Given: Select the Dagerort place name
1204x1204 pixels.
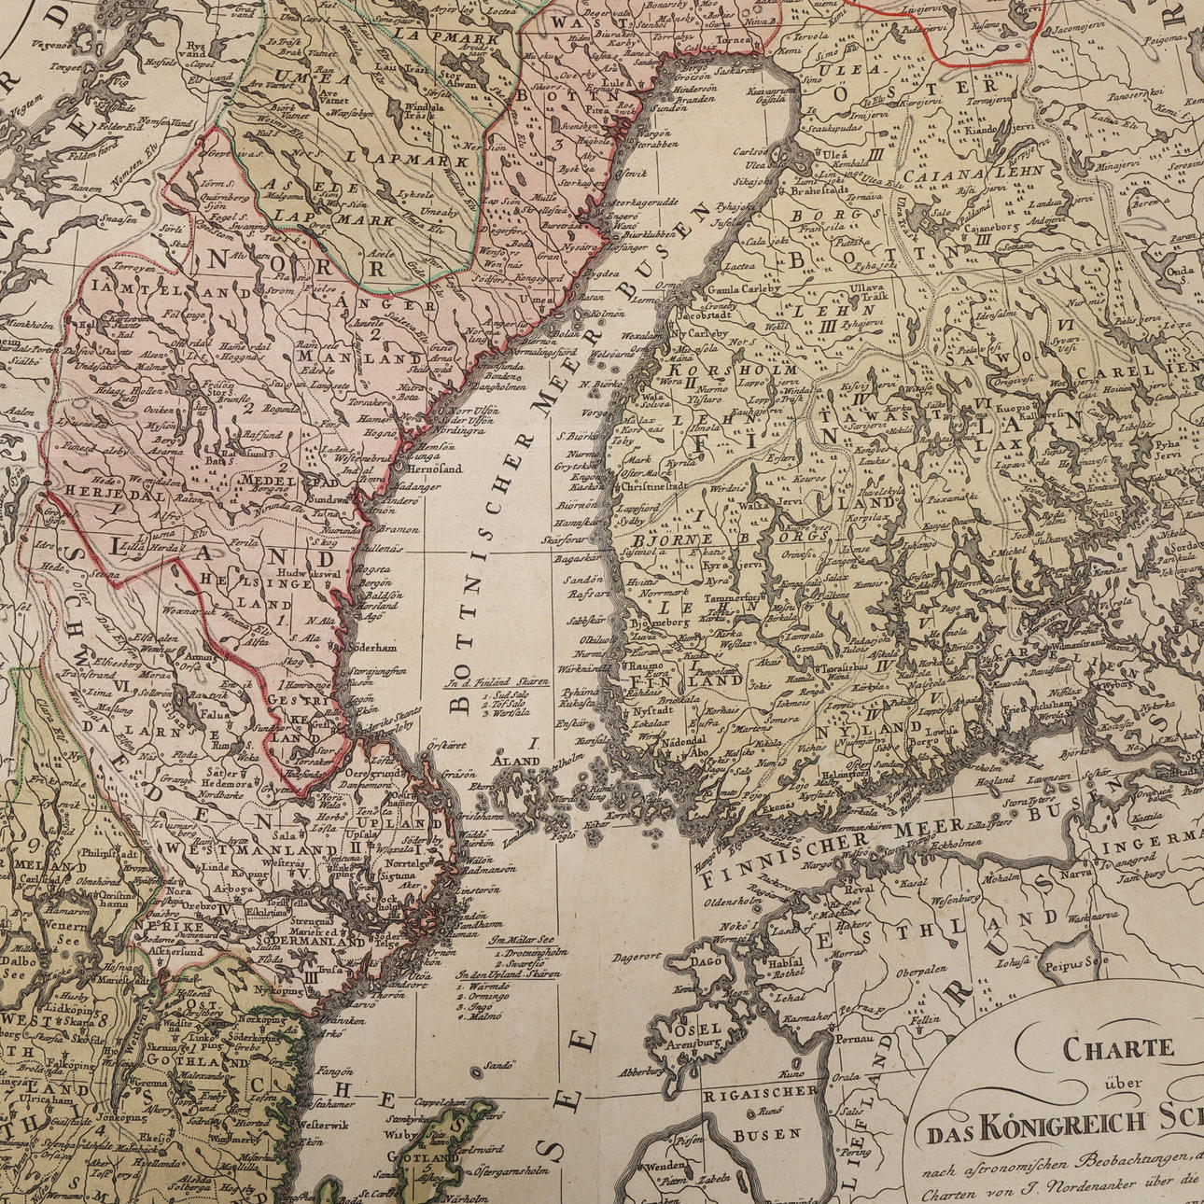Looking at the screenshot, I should click(x=637, y=956).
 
